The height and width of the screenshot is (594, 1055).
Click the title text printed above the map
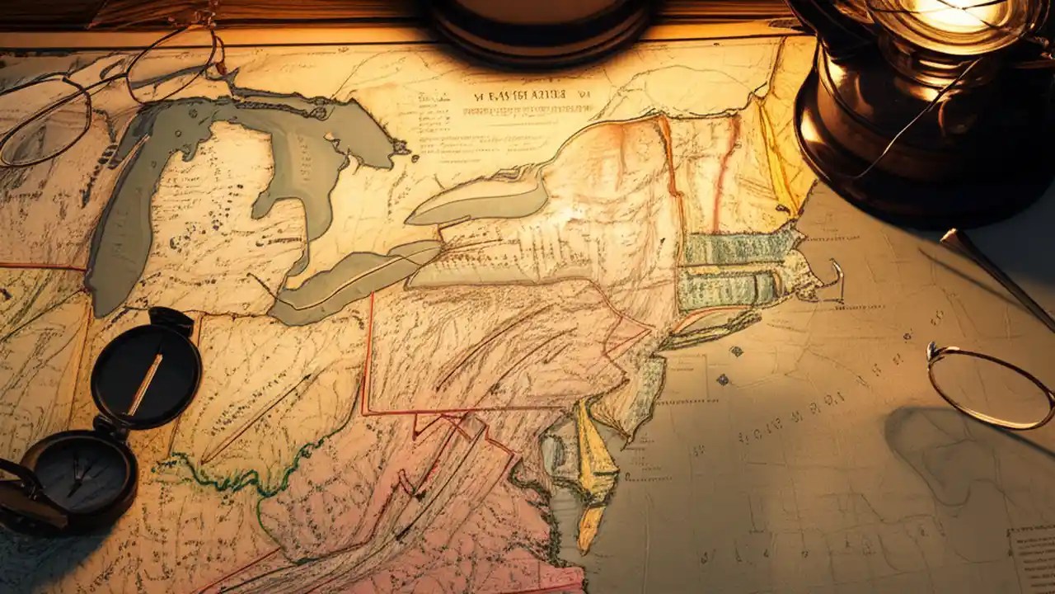[532, 94]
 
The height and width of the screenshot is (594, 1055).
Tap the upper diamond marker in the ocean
[735, 351]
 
